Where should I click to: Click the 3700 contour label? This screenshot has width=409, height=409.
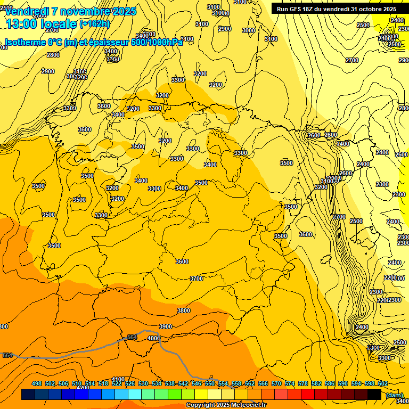(x=197, y=279)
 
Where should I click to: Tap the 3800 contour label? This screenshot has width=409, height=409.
(x=184, y=310)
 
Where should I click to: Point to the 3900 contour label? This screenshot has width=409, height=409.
(x=166, y=326)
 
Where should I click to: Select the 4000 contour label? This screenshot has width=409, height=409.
(x=154, y=338)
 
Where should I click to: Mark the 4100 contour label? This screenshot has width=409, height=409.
(x=118, y=379)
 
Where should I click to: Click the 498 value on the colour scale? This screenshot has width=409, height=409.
(x=37, y=383)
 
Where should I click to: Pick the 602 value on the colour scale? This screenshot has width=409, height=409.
(x=383, y=383)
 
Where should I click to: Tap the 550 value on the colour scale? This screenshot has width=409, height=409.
(x=210, y=383)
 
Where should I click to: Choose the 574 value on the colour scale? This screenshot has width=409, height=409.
(x=290, y=383)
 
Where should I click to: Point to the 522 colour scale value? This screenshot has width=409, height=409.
(x=117, y=383)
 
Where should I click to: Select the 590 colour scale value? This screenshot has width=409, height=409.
(x=343, y=383)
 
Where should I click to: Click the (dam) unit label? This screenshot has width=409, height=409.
(x=394, y=395)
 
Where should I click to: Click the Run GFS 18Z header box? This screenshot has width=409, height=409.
(x=337, y=9)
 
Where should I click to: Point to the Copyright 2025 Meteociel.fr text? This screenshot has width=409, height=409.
(x=226, y=405)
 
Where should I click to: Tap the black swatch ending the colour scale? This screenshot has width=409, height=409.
(x=374, y=394)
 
